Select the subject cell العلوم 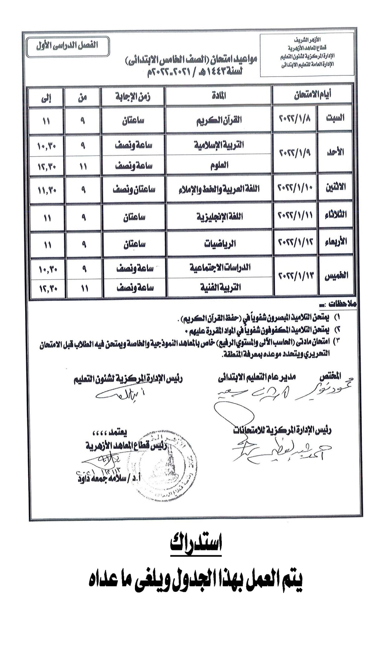point(219,165)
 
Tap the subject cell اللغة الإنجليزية point(220,216)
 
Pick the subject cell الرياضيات point(220,244)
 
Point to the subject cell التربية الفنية point(220,287)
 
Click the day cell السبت point(335,118)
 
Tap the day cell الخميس point(336,276)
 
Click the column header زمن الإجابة point(133,97)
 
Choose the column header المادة point(219,96)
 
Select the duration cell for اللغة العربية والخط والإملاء point(134,190)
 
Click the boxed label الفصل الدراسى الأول point(67,46)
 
